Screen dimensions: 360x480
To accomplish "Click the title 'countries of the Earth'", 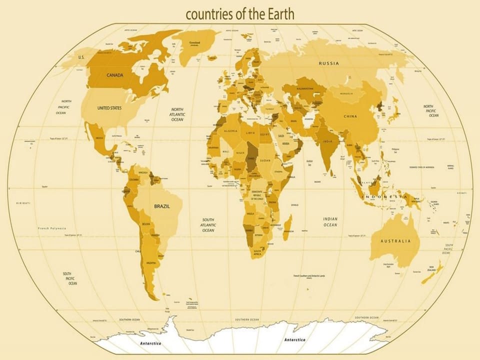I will click(x=240, y=14).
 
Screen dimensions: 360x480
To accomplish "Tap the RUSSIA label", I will click(x=329, y=63).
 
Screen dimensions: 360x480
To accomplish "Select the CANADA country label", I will click(x=115, y=75).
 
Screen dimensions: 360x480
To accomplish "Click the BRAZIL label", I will click(x=162, y=206).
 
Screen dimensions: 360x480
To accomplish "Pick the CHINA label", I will click(x=350, y=116).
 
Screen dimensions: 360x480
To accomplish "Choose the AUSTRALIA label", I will click(x=395, y=241).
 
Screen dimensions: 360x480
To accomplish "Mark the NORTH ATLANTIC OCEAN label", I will click(x=177, y=114).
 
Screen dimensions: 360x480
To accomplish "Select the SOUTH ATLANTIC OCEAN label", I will click(x=208, y=225).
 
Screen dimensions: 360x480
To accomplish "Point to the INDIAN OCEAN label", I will click(x=330, y=222).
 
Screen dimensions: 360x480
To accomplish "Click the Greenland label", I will click(x=195, y=42).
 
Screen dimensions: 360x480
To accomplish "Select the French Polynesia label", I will click(x=52, y=228).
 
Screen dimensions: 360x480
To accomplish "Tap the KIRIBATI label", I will click(x=23, y=203).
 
